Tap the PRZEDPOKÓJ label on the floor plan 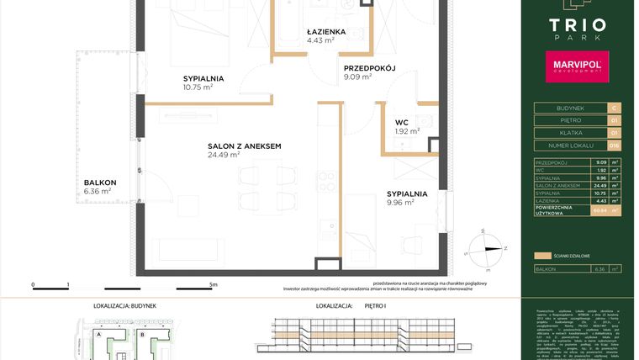tap(369, 69)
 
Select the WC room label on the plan tap(402, 122)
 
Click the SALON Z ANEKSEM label tap(244, 146)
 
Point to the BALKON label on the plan tap(99, 183)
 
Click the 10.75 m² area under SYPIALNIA tap(198, 86)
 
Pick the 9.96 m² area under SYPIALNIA tap(400, 202)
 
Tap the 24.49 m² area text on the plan tap(224, 155)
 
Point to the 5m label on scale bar tap(214, 285)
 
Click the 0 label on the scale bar tap(33, 285)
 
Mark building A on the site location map tap(100, 334)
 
